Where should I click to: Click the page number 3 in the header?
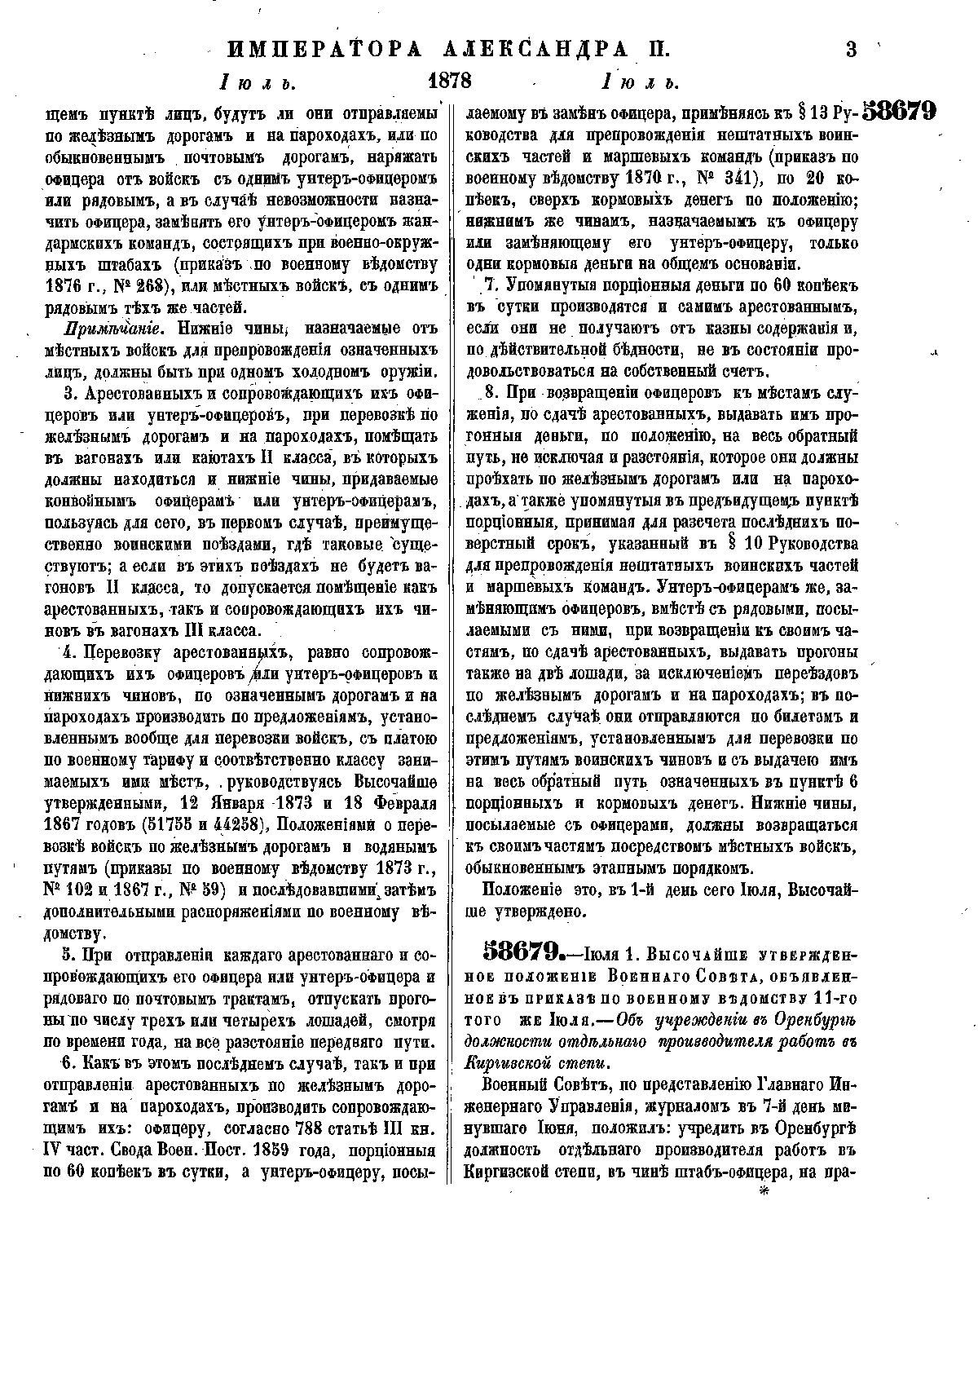click(852, 50)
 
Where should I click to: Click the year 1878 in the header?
click(450, 82)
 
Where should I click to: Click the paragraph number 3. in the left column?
click(68, 394)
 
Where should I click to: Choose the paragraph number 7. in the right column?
click(491, 285)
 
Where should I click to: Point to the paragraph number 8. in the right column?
click(491, 392)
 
